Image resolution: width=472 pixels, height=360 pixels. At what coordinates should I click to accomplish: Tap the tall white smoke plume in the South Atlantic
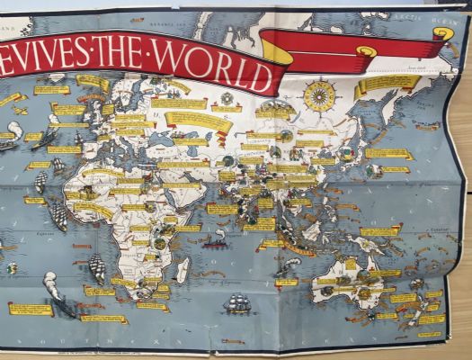tap(51, 290)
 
